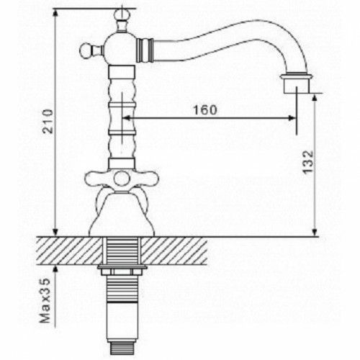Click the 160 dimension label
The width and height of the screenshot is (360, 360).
[x=204, y=110]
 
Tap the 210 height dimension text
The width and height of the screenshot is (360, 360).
[x=48, y=121]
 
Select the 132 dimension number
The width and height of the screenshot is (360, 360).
[x=308, y=162]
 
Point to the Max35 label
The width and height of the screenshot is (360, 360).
[x=45, y=301]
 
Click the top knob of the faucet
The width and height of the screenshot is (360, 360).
[x=122, y=15]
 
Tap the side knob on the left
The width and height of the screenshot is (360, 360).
[x=86, y=50]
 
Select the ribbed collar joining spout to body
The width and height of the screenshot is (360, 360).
[x=145, y=50]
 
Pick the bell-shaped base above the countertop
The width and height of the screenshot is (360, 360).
[x=122, y=215]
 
